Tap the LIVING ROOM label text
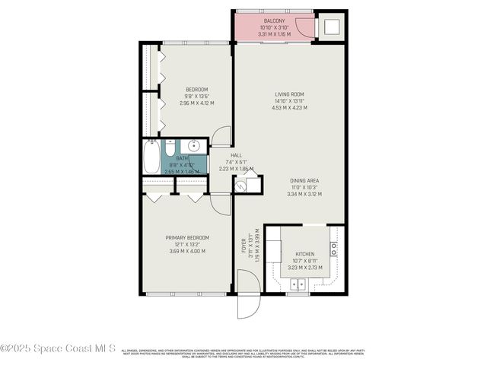[x=290, y=94]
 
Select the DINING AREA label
[x=304, y=180]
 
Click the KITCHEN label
[x=304, y=253]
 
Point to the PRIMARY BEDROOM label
[x=187, y=237]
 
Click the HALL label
[x=225, y=155]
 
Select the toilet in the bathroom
[x=171, y=148]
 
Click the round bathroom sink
[x=193, y=144]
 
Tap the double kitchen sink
[x=298, y=284]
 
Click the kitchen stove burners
[x=333, y=249]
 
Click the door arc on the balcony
[x=304, y=29]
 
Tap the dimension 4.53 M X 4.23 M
[x=290, y=108]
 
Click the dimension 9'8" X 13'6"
[x=196, y=97]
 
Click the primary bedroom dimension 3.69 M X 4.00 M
[x=187, y=251]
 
